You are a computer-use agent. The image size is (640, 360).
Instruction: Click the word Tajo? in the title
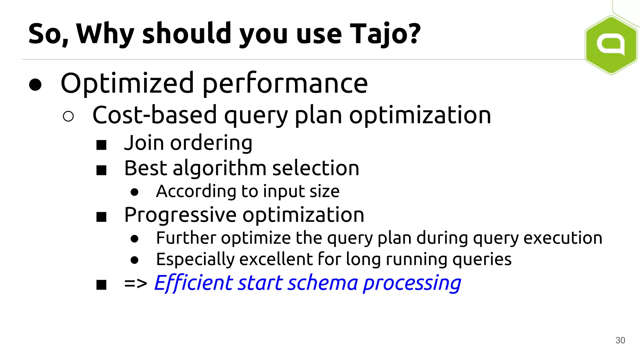[385, 34]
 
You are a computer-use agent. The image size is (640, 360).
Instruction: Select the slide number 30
[620, 340]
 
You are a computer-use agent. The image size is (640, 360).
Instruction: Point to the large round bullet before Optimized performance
[35, 84]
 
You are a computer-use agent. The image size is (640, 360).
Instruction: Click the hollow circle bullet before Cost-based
[68, 116]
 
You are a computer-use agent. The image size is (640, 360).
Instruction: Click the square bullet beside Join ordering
[101, 145]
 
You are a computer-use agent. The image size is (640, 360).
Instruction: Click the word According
[196, 191]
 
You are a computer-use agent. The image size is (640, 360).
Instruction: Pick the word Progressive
[180, 215]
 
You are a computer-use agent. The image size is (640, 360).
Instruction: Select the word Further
[186, 238]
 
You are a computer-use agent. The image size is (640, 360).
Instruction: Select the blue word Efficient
[193, 283]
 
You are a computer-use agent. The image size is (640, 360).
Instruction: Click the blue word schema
[322, 283]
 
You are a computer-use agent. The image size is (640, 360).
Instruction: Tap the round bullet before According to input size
[134, 192]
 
